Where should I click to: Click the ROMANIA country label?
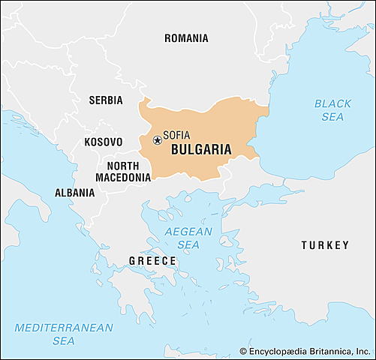[x=186, y=38]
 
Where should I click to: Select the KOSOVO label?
[x=103, y=142]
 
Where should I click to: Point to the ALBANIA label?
[x=74, y=193]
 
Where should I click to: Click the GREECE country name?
[x=152, y=261]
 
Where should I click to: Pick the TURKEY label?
[x=325, y=245]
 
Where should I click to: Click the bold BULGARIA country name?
[x=201, y=149]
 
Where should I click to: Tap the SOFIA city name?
[x=176, y=135]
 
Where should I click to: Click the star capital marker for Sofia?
[x=158, y=139]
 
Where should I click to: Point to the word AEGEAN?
[x=188, y=232]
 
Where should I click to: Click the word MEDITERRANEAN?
[x=64, y=328]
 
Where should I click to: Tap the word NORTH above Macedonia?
[x=122, y=166]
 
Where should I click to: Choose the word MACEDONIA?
[x=123, y=178]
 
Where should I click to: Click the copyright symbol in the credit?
[x=243, y=351]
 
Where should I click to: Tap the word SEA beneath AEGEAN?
[x=188, y=244]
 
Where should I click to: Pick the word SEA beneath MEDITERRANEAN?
[x=64, y=341]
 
